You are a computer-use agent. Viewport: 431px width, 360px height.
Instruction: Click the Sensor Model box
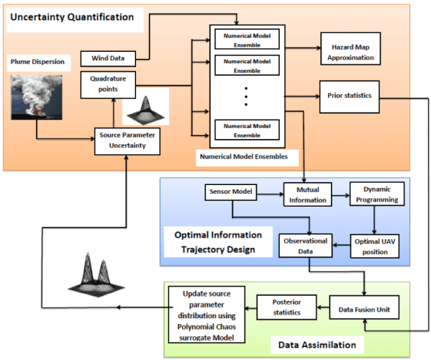[x=230, y=193]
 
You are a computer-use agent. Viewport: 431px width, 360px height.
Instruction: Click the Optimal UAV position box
[x=375, y=246]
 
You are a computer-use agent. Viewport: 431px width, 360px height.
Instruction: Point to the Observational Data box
[x=306, y=246]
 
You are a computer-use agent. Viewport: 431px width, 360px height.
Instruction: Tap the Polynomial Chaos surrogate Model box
[x=204, y=313]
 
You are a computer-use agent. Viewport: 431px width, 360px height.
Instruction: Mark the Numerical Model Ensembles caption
[x=245, y=154]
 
